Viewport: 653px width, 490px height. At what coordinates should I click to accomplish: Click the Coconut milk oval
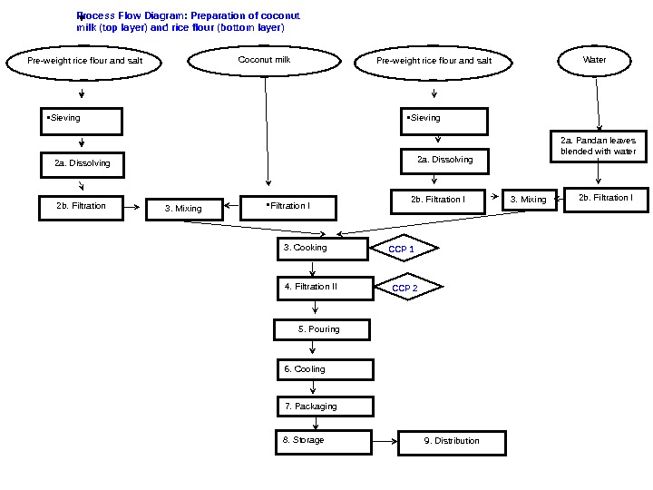coord(265,61)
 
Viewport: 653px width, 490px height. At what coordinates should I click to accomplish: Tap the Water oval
coord(595,61)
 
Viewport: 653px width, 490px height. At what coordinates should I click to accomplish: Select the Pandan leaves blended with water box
coord(598,146)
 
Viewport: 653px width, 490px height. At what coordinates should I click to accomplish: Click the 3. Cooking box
coord(324,248)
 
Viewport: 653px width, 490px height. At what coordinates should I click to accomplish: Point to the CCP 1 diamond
coord(402,249)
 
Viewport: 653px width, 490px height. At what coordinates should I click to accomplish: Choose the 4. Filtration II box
coord(325,288)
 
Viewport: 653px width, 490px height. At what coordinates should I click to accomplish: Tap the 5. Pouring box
coord(321,329)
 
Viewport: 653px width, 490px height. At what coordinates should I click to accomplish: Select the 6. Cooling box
coord(325,369)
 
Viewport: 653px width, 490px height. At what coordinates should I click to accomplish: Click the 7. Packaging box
coord(325,407)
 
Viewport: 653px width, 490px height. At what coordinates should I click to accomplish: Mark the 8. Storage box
coord(325,441)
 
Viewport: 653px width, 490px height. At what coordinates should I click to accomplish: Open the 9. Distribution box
coord(452,442)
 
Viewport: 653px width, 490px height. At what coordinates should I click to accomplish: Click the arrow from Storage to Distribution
coord(385,442)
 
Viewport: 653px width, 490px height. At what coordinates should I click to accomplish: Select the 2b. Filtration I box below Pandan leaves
coord(606,199)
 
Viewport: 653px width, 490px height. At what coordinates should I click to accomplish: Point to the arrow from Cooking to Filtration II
coord(313,268)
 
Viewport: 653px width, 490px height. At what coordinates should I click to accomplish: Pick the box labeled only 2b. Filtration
coord(82,208)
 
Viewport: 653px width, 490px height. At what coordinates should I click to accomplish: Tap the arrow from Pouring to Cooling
coord(313,349)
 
